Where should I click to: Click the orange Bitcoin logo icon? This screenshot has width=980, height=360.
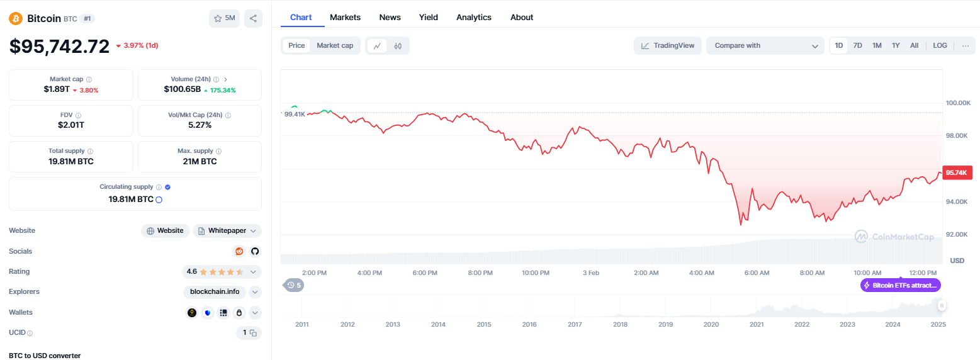[16, 18]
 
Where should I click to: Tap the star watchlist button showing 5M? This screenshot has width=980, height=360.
[225, 18]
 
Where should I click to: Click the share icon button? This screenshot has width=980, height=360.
[253, 18]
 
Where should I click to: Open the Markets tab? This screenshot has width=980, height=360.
[345, 18]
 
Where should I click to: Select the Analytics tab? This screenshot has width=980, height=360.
[474, 18]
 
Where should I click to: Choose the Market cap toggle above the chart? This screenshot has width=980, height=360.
[335, 45]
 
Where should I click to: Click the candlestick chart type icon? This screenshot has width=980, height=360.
[398, 46]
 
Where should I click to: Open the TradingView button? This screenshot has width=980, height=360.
[668, 45]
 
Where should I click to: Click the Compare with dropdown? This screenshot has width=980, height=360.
[765, 45]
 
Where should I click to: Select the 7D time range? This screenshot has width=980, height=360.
[857, 45]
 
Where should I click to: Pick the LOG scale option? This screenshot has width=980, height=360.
[940, 45]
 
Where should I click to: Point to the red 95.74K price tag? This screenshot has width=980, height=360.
[957, 173]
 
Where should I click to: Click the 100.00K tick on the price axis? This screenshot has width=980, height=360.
[958, 103]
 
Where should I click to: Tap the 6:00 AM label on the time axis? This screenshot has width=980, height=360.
[757, 273]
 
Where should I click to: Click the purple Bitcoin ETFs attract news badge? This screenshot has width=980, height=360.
[900, 285]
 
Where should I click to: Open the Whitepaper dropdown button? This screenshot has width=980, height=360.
[227, 230]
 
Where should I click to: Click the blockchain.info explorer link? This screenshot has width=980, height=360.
[215, 292]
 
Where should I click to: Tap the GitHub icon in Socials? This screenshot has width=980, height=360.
[255, 251]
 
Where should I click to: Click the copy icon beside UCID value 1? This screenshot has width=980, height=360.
[253, 333]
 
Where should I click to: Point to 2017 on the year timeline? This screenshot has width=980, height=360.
[575, 324]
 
